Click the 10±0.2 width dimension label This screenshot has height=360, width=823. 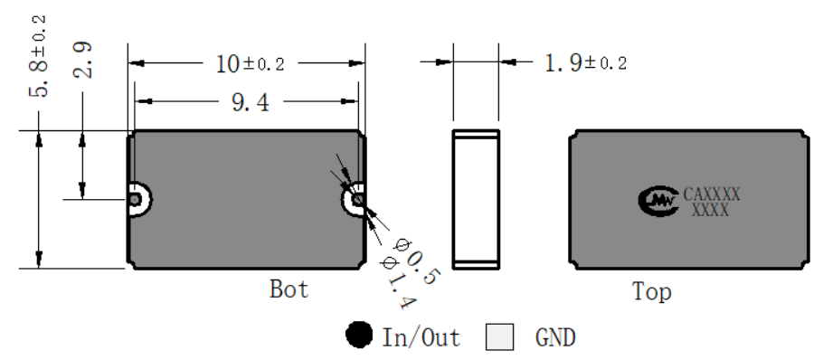tap(250, 64)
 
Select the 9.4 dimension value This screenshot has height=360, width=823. tap(251, 102)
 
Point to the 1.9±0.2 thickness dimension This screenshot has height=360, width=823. tap(586, 63)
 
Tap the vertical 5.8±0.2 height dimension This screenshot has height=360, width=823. tap(38, 57)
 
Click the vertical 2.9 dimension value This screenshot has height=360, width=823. tap(82, 60)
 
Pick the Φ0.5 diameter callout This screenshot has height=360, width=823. tap(416, 261)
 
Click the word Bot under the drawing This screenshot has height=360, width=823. tap(289, 289)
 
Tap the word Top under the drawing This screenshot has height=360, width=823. tap(651, 292)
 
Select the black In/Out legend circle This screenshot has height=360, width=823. tap(360, 335)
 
